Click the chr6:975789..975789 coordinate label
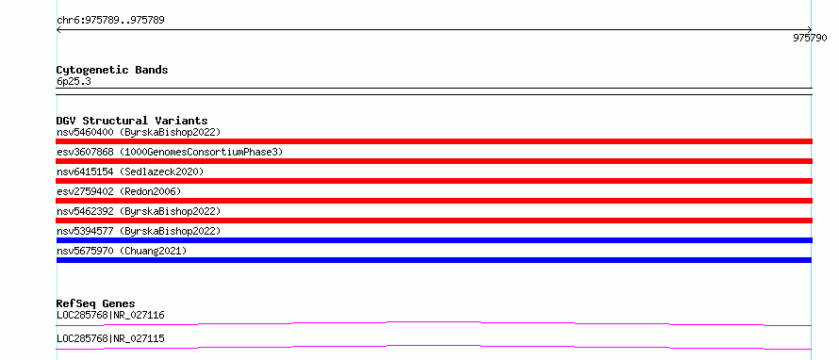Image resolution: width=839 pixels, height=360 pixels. [110, 21]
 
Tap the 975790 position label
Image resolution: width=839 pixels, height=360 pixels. [810, 38]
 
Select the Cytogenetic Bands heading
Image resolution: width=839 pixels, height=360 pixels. [112, 70]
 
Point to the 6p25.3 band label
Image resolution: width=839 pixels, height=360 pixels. [74, 81]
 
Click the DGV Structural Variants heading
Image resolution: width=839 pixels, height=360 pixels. [132, 121]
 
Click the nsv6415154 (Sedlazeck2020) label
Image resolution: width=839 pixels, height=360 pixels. [130, 172]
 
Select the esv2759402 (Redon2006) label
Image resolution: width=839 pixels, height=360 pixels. [119, 191]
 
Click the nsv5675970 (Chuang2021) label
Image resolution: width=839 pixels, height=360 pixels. [122, 251]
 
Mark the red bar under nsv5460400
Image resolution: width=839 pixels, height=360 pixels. [434, 141]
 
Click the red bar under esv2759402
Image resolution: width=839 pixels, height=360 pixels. [434, 201]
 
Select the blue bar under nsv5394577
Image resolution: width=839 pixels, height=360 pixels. [434, 240]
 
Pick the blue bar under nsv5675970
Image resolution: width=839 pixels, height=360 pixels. [434, 260]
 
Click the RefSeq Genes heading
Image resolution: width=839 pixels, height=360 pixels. [96, 303]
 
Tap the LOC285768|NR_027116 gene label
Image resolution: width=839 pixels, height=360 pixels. [110, 316]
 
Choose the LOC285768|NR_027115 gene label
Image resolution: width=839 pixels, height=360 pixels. [110, 339]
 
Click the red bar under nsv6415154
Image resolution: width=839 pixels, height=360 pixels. [434, 181]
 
